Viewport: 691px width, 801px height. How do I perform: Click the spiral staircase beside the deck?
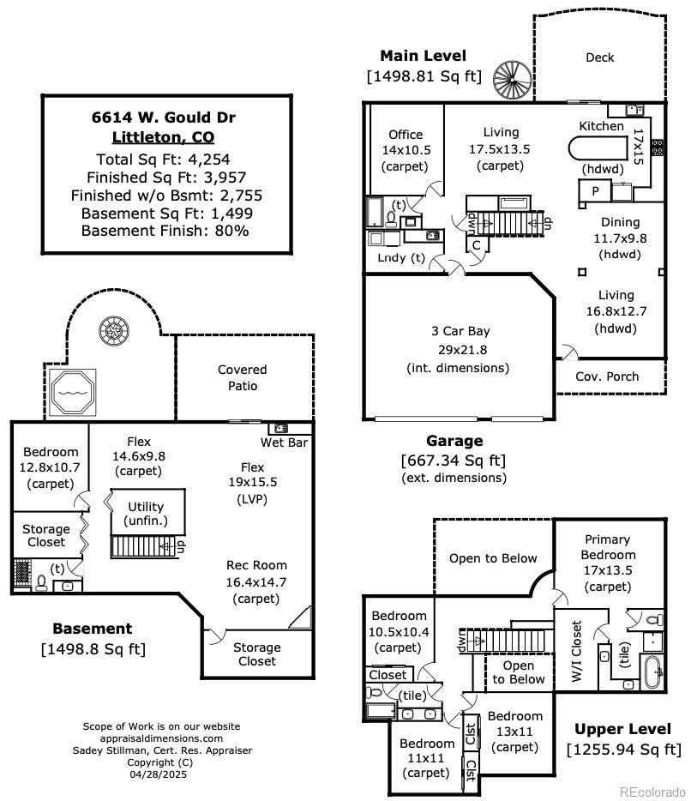coord(511,80)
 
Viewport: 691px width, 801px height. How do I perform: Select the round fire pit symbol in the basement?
coord(111,329)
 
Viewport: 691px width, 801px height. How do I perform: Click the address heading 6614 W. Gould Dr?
coord(164,117)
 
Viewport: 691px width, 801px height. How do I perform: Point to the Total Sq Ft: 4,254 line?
coord(164,159)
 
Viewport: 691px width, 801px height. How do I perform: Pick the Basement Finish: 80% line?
coord(164,231)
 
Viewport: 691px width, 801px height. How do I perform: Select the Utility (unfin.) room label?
coord(145,514)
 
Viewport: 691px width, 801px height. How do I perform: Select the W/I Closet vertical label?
coord(576,650)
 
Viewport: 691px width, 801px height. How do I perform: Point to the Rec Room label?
coord(256,565)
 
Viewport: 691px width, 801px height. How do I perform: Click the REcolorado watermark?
coord(652,791)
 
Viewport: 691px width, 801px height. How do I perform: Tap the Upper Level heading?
coord(622,729)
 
